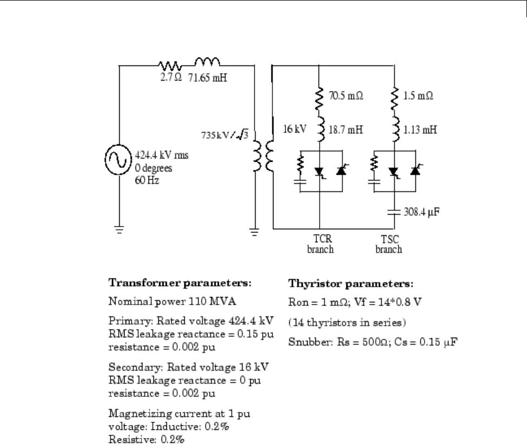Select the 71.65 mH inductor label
point(207,77)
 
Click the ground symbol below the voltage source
point(118,229)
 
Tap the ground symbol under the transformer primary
point(253,233)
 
